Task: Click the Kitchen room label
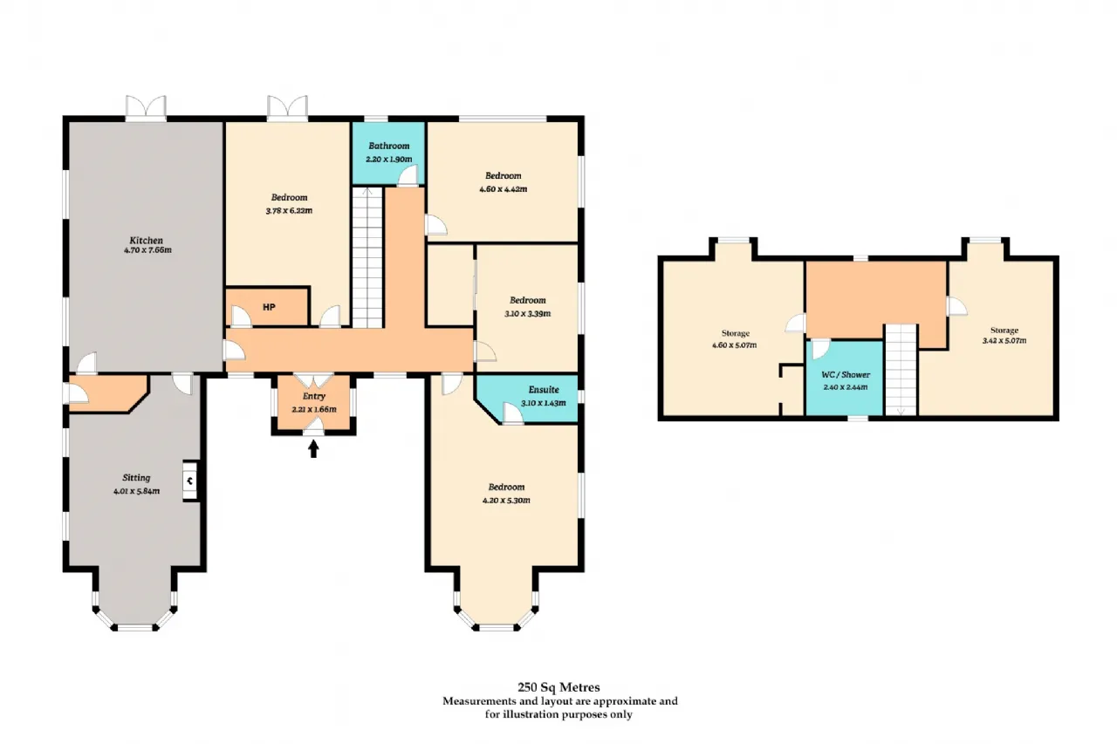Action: point(146,240)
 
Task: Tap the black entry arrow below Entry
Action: point(313,449)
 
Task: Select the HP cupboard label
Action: point(269,307)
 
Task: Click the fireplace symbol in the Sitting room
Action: point(190,481)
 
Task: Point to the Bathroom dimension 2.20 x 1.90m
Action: point(389,159)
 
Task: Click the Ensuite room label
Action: point(544,390)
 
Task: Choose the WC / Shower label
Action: point(846,375)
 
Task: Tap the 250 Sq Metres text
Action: point(558,687)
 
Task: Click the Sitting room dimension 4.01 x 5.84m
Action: point(137,491)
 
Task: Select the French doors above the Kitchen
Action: point(146,107)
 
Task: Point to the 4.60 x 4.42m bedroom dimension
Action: point(504,189)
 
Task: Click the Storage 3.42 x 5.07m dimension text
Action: point(1004,341)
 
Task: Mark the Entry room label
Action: point(313,396)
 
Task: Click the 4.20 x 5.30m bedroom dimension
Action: point(506,501)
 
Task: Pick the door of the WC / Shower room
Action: point(820,348)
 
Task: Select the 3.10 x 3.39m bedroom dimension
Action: point(528,313)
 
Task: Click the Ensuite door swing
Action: point(512,413)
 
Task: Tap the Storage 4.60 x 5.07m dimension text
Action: point(735,345)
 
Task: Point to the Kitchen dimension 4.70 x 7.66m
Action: point(147,250)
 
